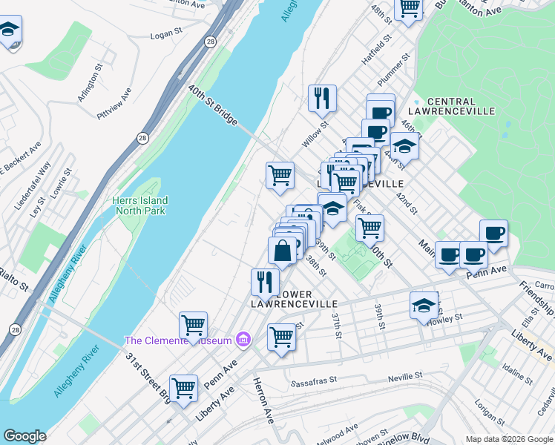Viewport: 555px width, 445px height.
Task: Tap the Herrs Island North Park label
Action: coord(141,205)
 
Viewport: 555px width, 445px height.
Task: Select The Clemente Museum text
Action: coord(177,340)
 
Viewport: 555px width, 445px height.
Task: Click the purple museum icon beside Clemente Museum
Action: coord(242,340)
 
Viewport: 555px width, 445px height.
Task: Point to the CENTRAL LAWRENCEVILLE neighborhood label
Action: coord(462,106)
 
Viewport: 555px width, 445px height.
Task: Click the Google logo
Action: coord(24,436)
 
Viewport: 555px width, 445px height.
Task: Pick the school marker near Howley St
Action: coord(424,305)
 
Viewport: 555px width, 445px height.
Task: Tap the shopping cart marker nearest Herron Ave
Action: coord(281,337)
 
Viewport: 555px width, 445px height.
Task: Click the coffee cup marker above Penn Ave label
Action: coord(473,254)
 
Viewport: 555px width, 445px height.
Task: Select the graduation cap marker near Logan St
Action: coord(9,30)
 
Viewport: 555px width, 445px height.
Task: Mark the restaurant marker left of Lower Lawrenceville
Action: coord(264,281)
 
